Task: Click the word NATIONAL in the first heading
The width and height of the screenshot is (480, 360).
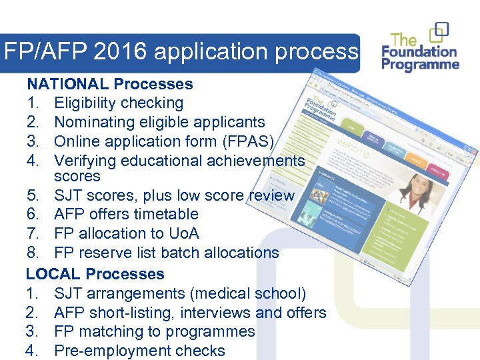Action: [x=67, y=84]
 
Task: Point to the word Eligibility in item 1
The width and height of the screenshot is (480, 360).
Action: [x=85, y=103]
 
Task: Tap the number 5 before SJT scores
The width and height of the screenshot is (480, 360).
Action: [x=31, y=195]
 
